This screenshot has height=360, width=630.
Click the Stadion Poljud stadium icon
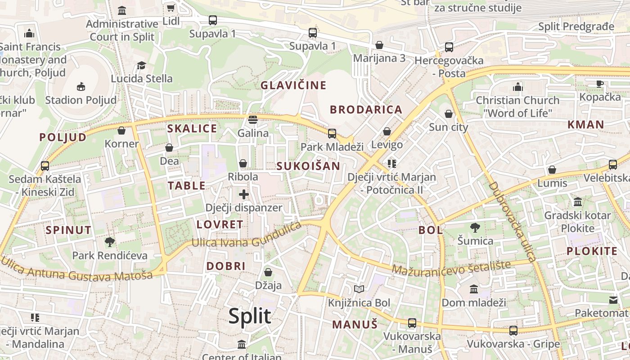tap(81, 86)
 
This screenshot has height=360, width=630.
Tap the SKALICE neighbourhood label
tap(192, 129)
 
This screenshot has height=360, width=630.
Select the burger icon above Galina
tap(253, 120)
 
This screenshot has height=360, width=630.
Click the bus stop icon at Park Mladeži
tap(332, 133)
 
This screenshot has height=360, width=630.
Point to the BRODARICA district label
tap(366, 110)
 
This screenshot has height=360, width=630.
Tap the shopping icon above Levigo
tap(387, 131)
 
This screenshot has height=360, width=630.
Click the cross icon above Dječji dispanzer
tap(244, 194)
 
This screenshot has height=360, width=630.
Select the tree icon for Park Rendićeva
tap(110, 242)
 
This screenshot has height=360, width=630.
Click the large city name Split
tap(250, 316)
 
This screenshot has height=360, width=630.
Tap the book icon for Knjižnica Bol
tap(359, 289)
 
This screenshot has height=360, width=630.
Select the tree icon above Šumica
tap(475, 228)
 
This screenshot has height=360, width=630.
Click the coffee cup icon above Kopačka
tap(600, 84)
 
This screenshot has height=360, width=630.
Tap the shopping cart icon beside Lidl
tap(171, 8)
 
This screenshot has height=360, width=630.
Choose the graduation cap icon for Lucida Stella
tap(142, 65)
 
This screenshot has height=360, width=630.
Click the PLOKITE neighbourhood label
tap(592, 252)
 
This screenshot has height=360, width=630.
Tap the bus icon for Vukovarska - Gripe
tap(513, 331)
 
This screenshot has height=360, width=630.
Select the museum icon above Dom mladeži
tap(474, 289)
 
